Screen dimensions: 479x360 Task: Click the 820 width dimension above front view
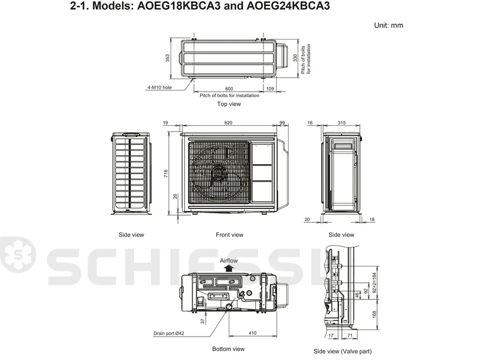pyautogui.click(x=228, y=123)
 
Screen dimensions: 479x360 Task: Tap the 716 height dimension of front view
pyautogui.click(x=166, y=174)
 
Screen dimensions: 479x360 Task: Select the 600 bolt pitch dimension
pyautogui.click(x=229, y=89)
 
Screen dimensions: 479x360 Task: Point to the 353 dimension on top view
pyautogui.click(x=168, y=58)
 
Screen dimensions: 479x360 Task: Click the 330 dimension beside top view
pyautogui.click(x=295, y=58)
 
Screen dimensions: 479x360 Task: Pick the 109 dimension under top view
pyautogui.click(x=270, y=89)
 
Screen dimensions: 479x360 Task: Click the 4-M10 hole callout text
pyautogui.click(x=159, y=87)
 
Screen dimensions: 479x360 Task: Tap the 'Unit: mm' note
pyautogui.click(x=389, y=25)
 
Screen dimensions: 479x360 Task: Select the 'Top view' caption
pyautogui.click(x=229, y=104)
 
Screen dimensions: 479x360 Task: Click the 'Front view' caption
pyautogui.click(x=229, y=235)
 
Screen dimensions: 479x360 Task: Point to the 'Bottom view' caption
pyautogui.click(x=229, y=349)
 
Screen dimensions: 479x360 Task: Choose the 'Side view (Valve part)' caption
pyautogui.click(x=342, y=352)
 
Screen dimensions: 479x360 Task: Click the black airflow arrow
pyautogui.click(x=229, y=268)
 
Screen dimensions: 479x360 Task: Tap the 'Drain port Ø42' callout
pyautogui.click(x=169, y=333)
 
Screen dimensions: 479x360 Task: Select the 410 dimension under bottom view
pyautogui.click(x=253, y=333)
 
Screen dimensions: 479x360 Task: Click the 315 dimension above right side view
pyautogui.click(x=341, y=123)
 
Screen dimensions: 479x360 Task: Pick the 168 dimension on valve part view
pyautogui.click(x=375, y=314)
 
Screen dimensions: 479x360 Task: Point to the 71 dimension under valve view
pyautogui.click(x=350, y=335)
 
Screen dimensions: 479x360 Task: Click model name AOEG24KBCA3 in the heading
pyautogui.click(x=288, y=5)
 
